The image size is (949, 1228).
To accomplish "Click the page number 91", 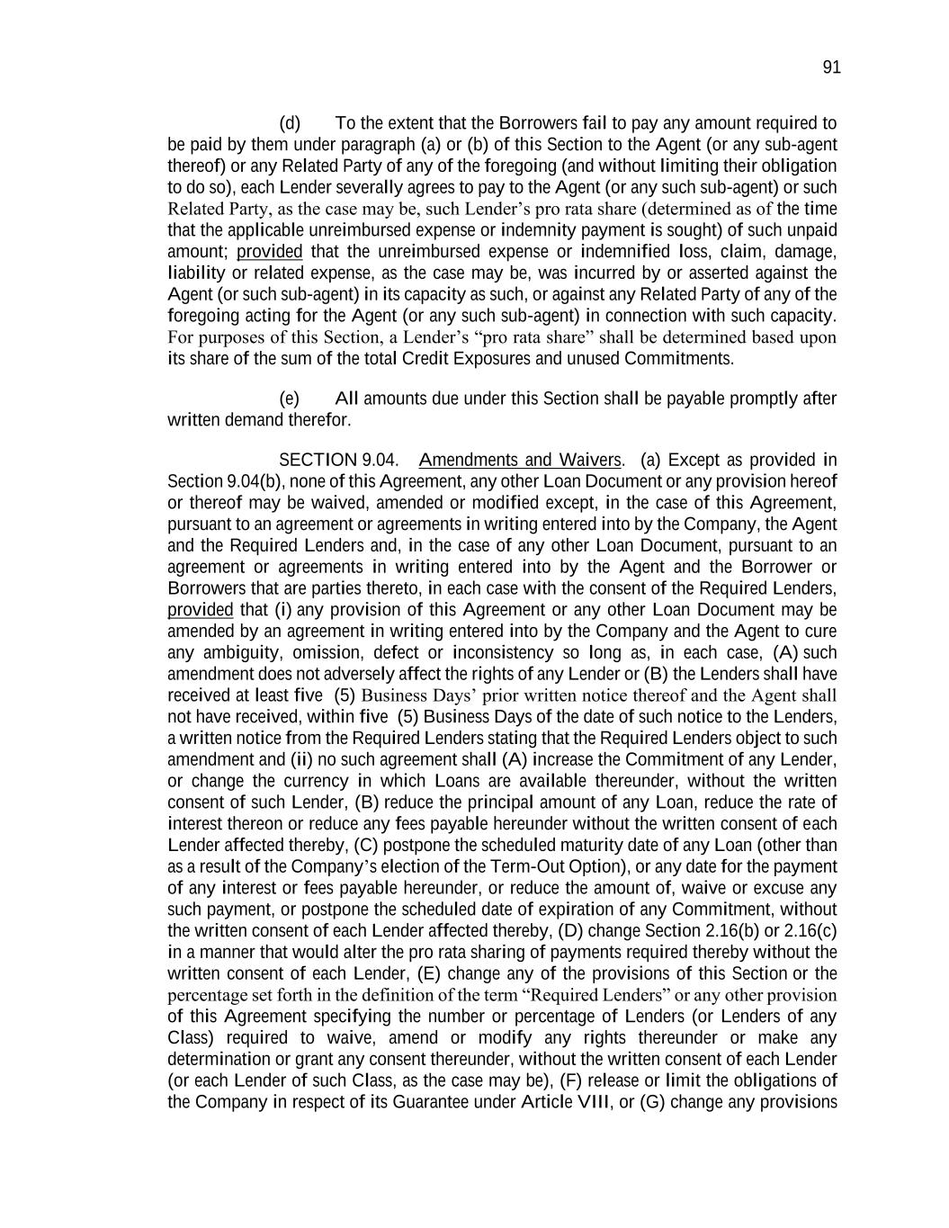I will [831, 67].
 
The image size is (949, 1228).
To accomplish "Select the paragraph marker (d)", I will [290, 123].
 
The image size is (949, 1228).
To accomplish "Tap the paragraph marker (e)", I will [290, 399].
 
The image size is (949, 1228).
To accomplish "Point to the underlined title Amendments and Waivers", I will [520, 461].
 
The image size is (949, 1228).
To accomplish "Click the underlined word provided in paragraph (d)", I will [269, 252].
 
